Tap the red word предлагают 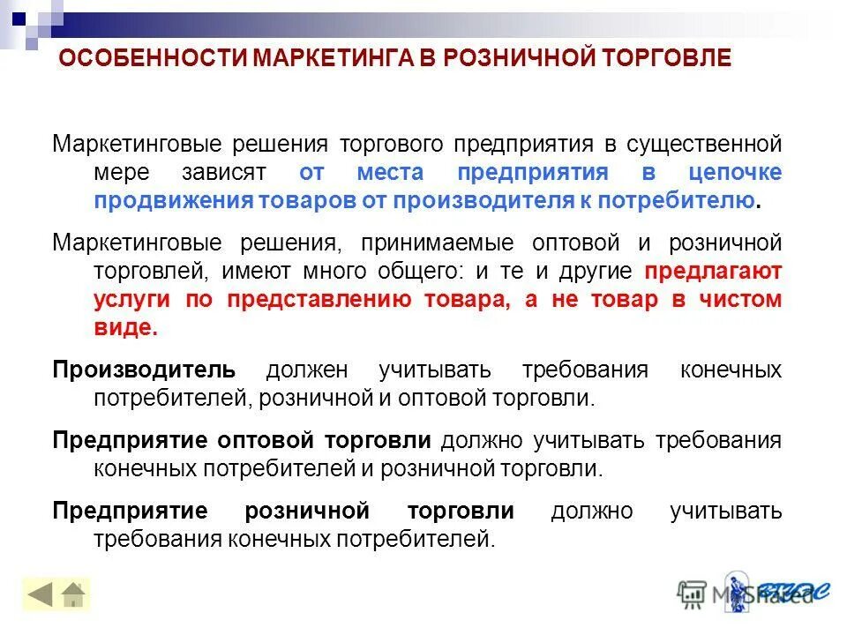coord(713,271)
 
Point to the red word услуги coord(133,300)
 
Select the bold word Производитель coord(144,370)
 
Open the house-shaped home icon coord(73,595)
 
